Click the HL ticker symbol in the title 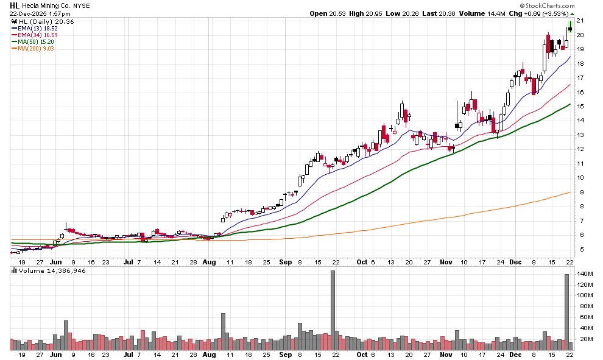(14, 5)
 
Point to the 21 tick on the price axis (580, 21)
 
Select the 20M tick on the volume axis (584, 339)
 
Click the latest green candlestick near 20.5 (569, 27)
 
